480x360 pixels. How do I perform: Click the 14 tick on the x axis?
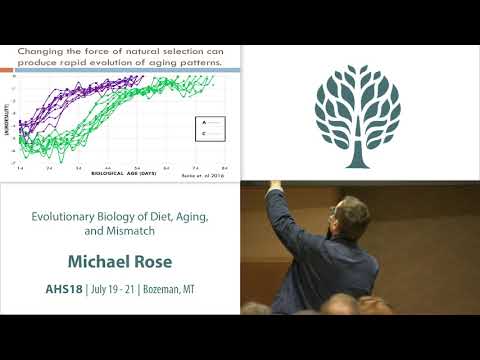[20, 168]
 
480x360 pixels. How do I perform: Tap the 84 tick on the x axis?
[225, 168]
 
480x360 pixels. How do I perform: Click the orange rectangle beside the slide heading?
[7, 69]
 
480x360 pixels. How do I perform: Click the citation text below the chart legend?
[203, 174]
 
